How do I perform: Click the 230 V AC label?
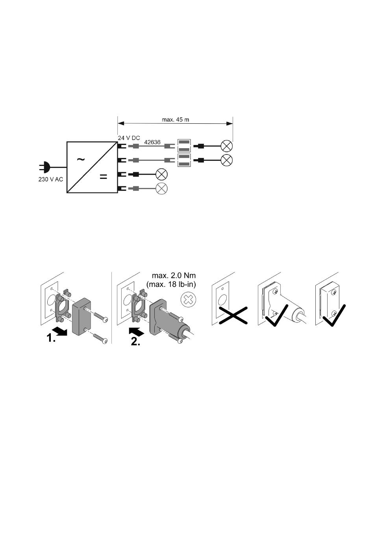(x=51, y=179)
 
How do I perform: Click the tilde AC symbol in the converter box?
(x=81, y=160)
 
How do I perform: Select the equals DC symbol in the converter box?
(x=103, y=177)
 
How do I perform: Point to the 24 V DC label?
(x=129, y=138)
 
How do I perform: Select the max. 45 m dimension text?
(x=176, y=119)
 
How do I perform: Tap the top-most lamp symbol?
(x=227, y=146)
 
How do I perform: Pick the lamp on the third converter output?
(x=161, y=174)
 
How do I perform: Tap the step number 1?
(x=51, y=338)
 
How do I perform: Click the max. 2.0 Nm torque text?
(x=174, y=275)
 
